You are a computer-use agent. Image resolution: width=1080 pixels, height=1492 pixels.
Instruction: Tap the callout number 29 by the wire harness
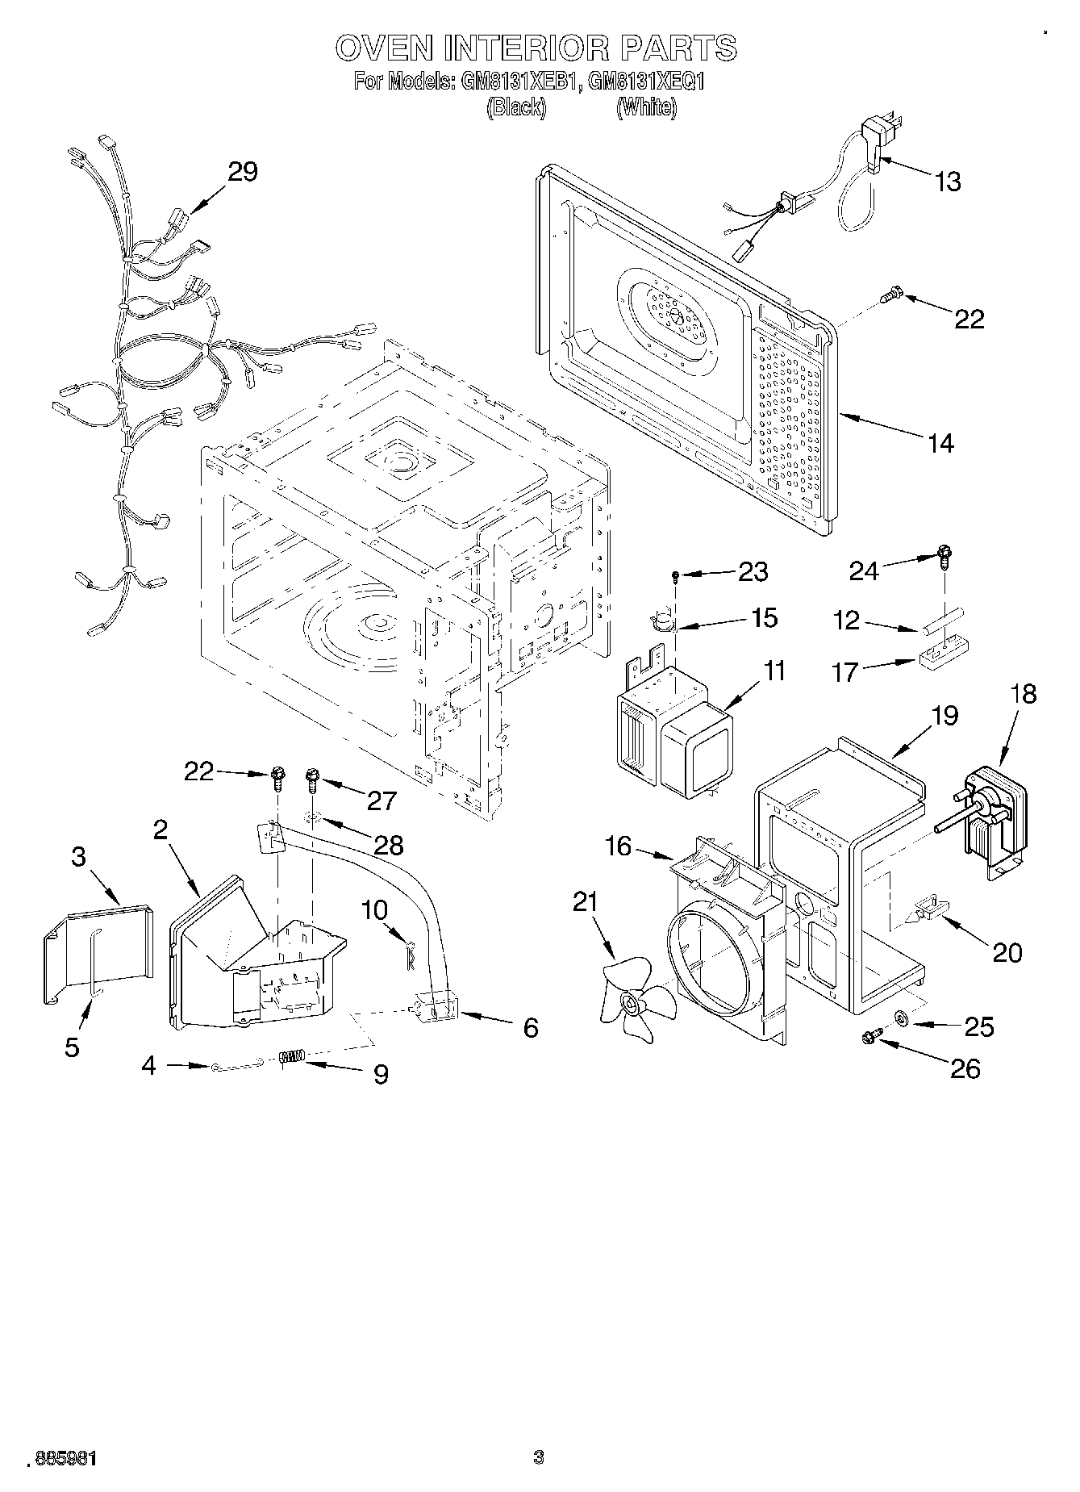pyautogui.click(x=242, y=171)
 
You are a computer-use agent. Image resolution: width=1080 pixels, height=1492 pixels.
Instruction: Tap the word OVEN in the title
pyautogui.click(x=384, y=48)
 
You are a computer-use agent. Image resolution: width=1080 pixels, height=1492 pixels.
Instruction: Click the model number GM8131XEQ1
pyautogui.click(x=647, y=81)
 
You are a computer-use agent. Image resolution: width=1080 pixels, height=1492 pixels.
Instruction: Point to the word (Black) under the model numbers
pyautogui.click(x=516, y=107)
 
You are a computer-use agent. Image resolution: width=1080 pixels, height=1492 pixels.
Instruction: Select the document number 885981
pyautogui.click(x=64, y=1458)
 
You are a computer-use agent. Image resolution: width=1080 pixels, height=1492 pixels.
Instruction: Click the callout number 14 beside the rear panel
pyautogui.click(x=940, y=443)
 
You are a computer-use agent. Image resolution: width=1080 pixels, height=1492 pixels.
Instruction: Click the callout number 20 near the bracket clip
pyautogui.click(x=1007, y=952)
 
